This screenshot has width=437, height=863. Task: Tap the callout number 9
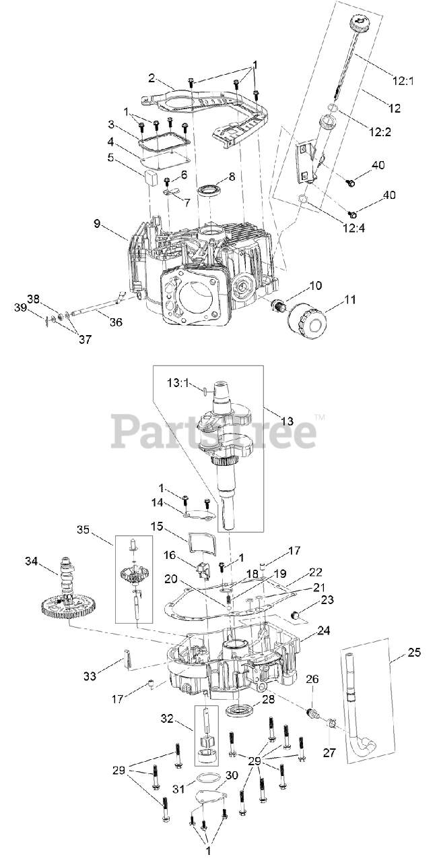(x=97, y=223)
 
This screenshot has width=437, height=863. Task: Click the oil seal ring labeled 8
(x=209, y=191)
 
